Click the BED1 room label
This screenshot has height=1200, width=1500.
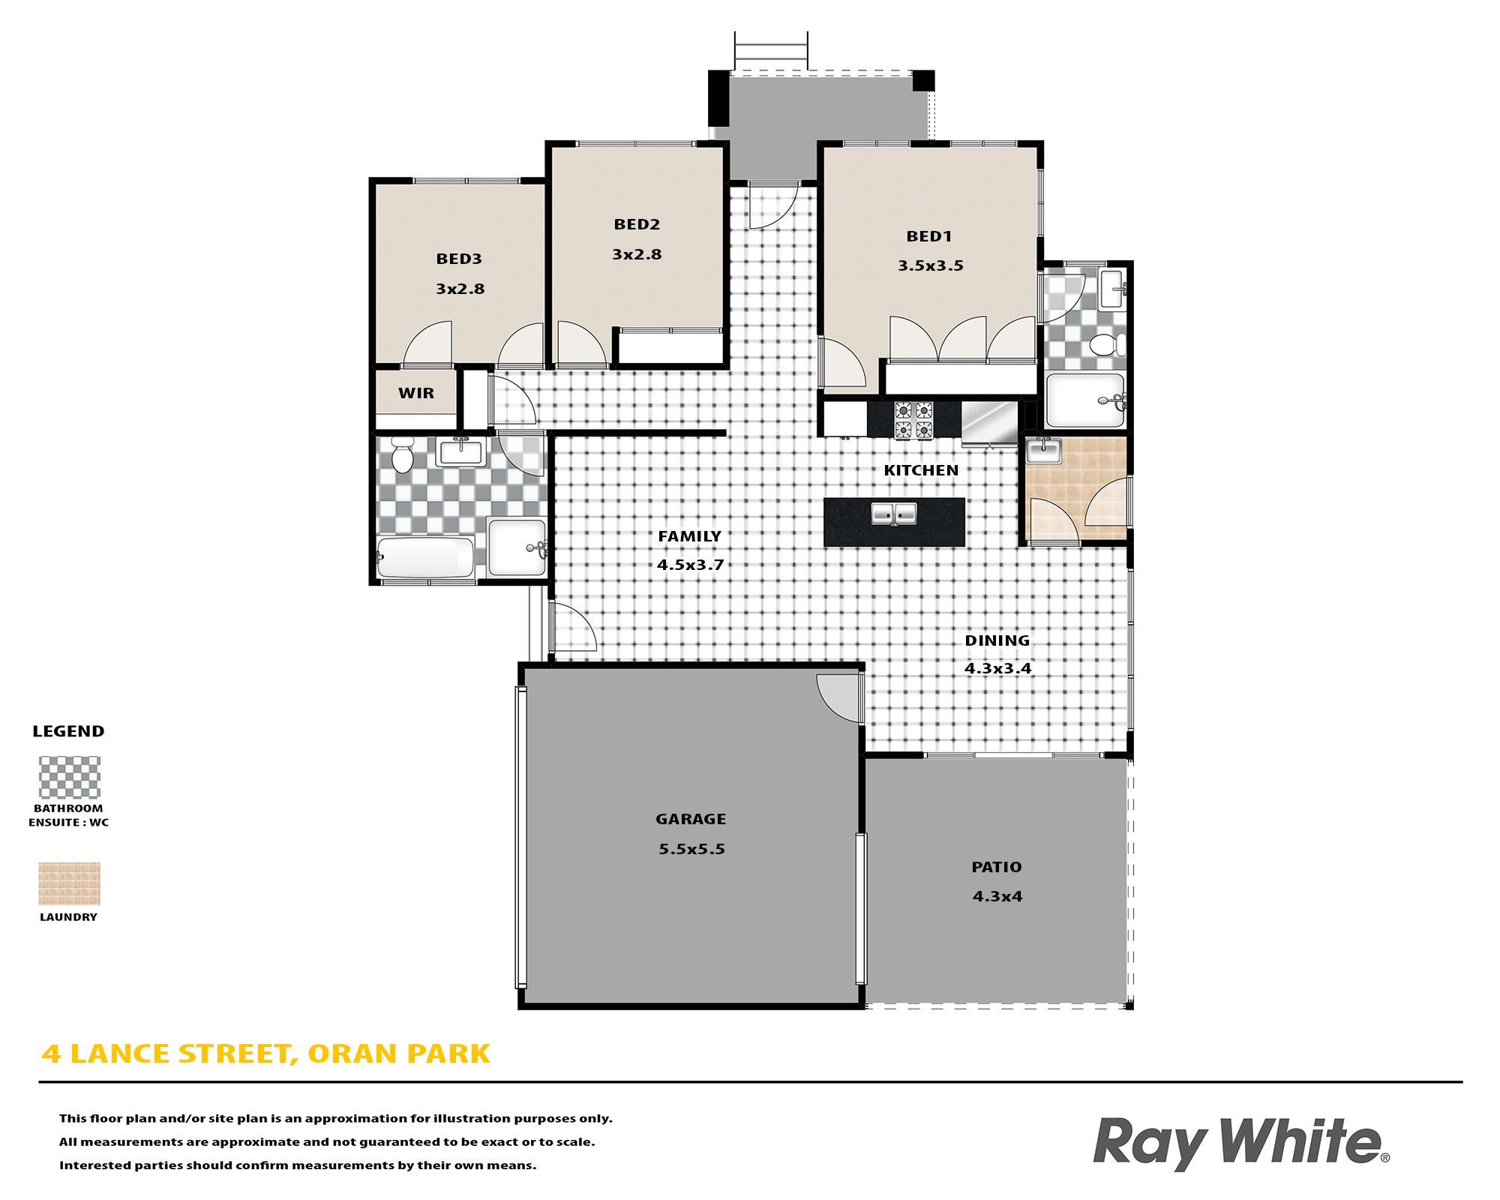pyautogui.click(x=929, y=236)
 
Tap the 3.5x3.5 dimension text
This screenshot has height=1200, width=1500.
pyautogui.click(x=931, y=265)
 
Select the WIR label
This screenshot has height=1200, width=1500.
pyautogui.click(x=416, y=393)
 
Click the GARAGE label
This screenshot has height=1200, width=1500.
pyautogui.click(x=691, y=819)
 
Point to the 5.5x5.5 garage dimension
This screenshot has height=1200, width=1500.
pyautogui.click(x=691, y=849)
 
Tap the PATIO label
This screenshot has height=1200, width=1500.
pyautogui.click(x=997, y=867)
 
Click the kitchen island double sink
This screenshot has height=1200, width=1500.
pyautogui.click(x=894, y=514)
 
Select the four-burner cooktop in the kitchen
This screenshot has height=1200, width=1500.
pyautogui.click(x=913, y=420)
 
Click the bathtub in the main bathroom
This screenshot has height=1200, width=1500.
pyautogui.click(x=425, y=557)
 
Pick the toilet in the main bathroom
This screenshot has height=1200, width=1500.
pyautogui.click(x=403, y=455)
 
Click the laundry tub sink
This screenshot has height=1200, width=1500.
pyautogui.click(x=1043, y=451)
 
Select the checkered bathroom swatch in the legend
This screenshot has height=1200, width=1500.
pyautogui.click(x=69, y=777)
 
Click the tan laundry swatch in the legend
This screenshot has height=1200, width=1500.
pyautogui.click(x=69, y=883)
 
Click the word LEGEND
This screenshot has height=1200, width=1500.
pyautogui.click(x=68, y=731)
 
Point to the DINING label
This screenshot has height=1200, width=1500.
pyautogui.click(x=997, y=640)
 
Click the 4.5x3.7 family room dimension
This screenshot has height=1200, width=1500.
pyautogui.click(x=691, y=565)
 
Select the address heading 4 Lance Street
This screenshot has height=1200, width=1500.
pyautogui.click(x=265, y=1054)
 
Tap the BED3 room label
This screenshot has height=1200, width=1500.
pyautogui.click(x=459, y=259)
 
